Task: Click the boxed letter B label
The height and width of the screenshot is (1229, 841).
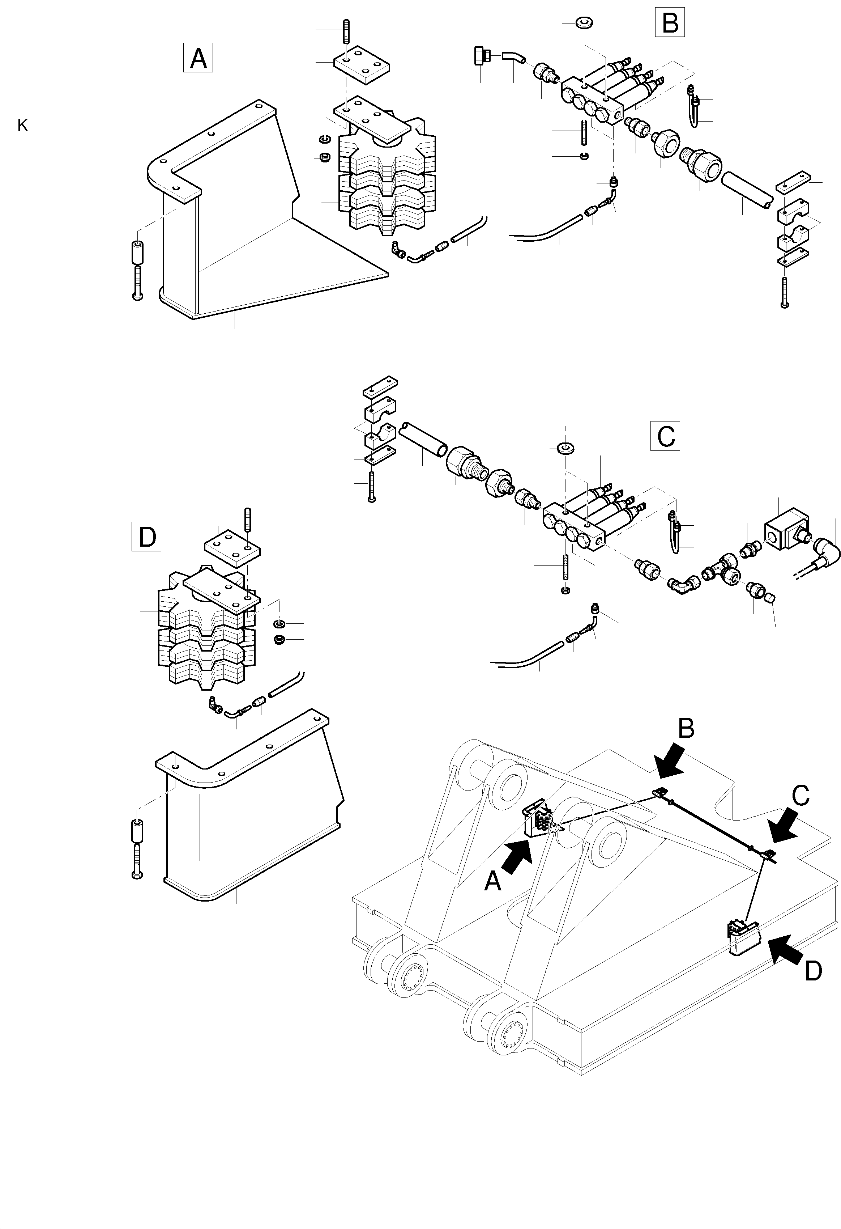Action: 670,22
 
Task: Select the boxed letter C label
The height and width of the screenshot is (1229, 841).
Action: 665,436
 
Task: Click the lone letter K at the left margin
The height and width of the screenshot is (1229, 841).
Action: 22,126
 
